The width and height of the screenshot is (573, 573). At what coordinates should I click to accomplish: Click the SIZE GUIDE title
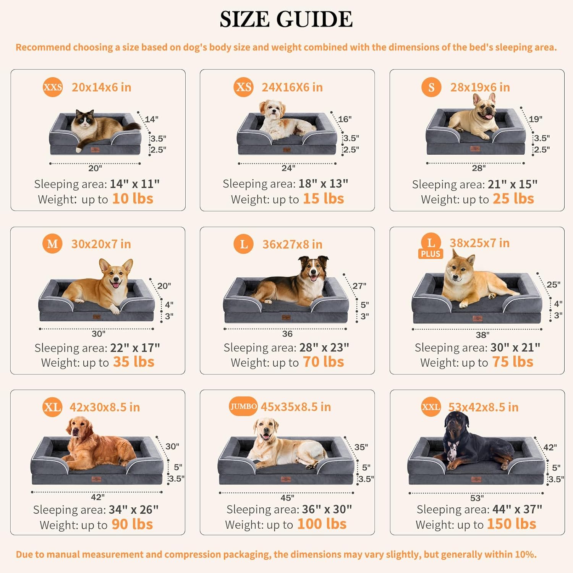(x=286, y=19)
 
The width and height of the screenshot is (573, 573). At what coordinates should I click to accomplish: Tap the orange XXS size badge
(x=52, y=87)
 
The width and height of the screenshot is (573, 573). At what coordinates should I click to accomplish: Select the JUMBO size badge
(x=243, y=406)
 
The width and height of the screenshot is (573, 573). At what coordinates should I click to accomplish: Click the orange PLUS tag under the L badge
(x=431, y=254)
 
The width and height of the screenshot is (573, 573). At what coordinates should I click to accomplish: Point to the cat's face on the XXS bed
(x=86, y=120)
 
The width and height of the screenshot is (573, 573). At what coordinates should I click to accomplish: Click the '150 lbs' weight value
(x=511, y=524)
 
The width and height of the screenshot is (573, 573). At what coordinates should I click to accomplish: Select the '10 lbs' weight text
(x=133, y=199)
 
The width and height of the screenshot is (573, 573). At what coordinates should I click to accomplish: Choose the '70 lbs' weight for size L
(x=323, y=362)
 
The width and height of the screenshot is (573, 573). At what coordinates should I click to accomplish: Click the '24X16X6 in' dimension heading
(x=292, y=87)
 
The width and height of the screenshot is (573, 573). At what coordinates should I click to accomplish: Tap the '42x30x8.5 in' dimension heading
(x=104, y=407)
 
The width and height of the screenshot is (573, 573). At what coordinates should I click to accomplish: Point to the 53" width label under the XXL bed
(x=477, y=498)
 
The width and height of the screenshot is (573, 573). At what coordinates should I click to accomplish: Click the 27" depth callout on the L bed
(x=359, y=286)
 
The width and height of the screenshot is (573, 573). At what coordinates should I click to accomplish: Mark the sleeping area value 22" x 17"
(x=135, y=348)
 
